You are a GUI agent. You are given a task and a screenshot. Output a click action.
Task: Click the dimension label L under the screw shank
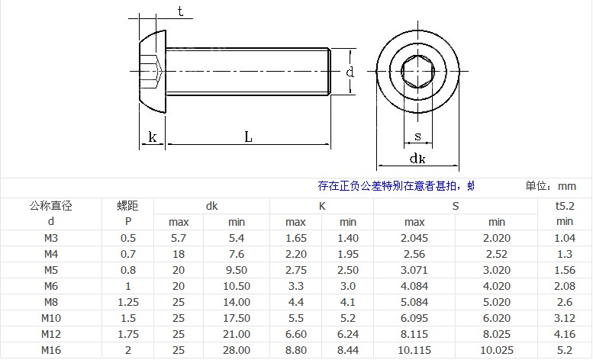click(248, 137)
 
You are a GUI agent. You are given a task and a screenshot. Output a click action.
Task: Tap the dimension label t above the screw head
click(180, 11)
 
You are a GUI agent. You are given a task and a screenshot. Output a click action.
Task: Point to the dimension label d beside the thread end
click(350, 72)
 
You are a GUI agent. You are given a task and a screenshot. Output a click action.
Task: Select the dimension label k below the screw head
click(153, 137)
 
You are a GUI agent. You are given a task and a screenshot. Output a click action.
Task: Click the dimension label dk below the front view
click(417, 159)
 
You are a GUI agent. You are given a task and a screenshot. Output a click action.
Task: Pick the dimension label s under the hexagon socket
click(417, 137)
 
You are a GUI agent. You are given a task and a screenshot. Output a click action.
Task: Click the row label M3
click(51, 238)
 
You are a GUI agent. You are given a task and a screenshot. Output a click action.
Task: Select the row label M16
click(51, 350)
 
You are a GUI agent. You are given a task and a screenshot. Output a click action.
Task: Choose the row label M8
click(51, 302)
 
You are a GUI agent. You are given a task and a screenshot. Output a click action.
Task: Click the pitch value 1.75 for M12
click(127, 334)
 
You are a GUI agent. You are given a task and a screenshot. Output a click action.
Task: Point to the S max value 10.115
click(414, 350)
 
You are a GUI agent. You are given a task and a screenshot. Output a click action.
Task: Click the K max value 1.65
click(295, 238)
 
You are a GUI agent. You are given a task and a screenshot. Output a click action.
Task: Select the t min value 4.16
click(565, 334)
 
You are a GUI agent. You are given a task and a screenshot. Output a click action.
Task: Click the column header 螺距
click(127, 205)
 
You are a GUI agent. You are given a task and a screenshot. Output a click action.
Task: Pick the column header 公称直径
click(50, 205)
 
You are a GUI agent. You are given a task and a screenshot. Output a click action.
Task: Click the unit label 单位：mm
click(550, 186)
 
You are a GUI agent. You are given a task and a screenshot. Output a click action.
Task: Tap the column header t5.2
click(565, 205)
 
